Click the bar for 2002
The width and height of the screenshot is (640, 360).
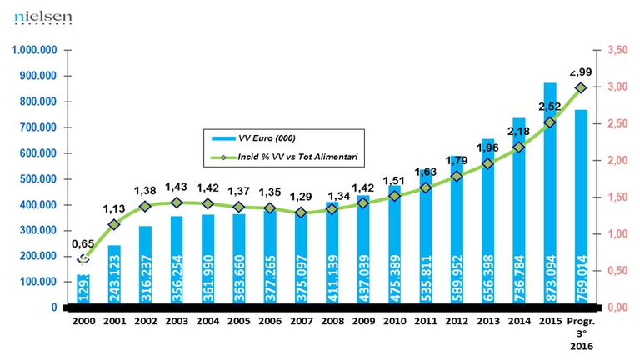145,266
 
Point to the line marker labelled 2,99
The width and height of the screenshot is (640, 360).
581,87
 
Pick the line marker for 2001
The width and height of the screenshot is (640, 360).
114,224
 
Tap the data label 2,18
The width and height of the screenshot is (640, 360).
517,130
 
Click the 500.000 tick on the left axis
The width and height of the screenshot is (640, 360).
38,179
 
